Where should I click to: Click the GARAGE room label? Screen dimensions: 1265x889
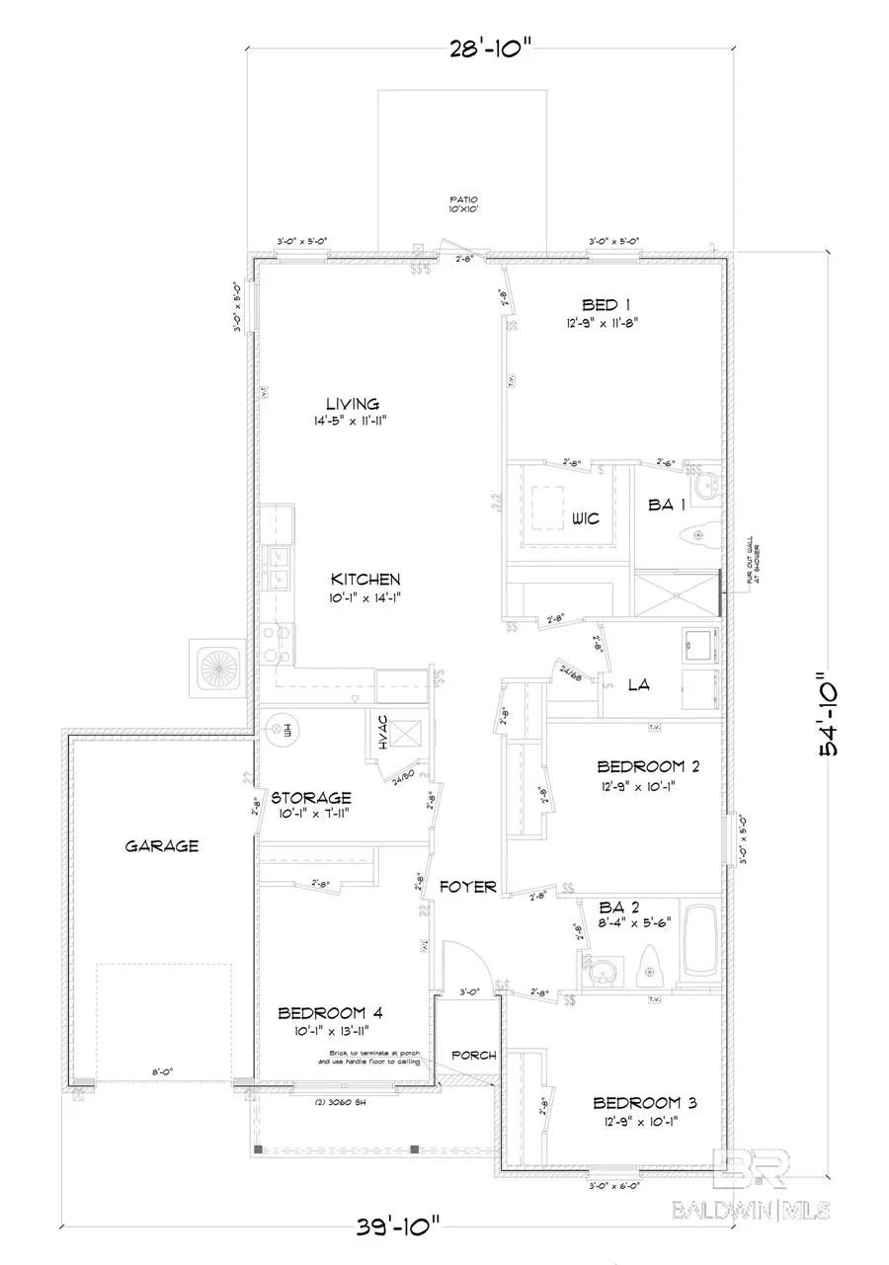click(x=162, y=845)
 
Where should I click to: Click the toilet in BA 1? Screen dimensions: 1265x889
click(x=698, y=535)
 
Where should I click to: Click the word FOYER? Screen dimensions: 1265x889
click(x=467, y=887)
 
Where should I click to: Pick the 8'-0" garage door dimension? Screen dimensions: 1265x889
click(x=162, y=1069)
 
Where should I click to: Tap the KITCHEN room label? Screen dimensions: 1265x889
click(x=364, y=579)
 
